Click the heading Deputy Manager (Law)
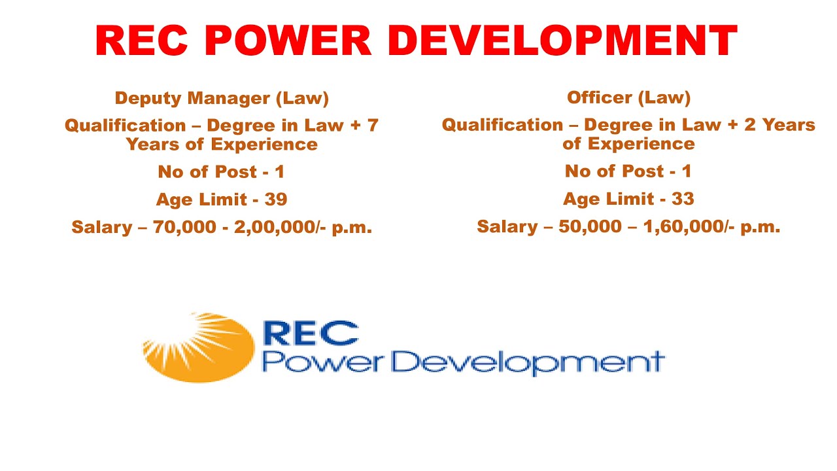click(x=222, y=98)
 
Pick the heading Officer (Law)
click(x=628, y=97)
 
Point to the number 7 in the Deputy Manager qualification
click(x=373, y=125)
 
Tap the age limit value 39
click(x=276, y=200)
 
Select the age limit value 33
click(x=683, y=199)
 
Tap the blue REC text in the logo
click(x=310, y=333)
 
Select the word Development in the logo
click(x=522, y=362)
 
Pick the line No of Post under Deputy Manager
click(x=221, y=172)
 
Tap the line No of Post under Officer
click(x=628, y=171)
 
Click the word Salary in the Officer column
click(x=507, y=227)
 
